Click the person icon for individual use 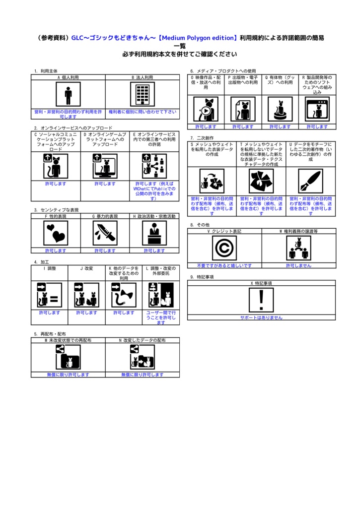point(68,94)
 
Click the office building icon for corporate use point(143,94)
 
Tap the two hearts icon point(56,233)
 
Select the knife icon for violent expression point(105,233)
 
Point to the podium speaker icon point(154,233)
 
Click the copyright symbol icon point(224,248)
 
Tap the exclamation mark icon point(261,300)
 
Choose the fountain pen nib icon point(310,181)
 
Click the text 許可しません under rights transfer point(299,266)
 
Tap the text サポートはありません point(261,318)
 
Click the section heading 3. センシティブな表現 point(57,210)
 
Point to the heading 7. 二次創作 point(202,138)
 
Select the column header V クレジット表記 point(224,231)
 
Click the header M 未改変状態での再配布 point(68,340)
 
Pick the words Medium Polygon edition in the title point(198,38)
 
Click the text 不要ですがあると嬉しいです point(224,266)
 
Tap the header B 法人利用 point(143,78)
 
